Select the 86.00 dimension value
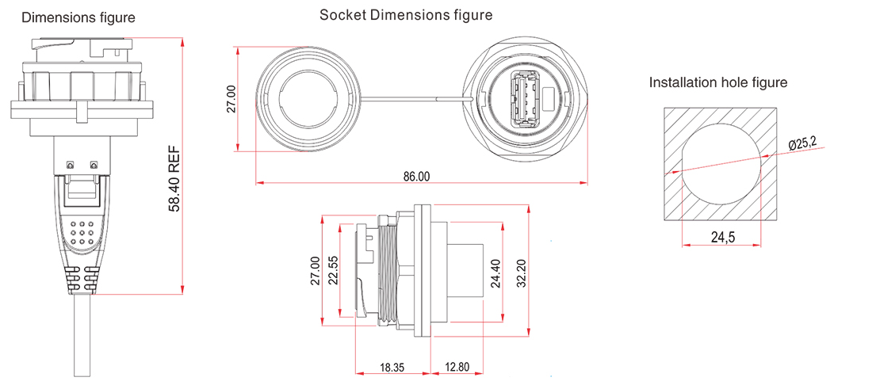[416, 176]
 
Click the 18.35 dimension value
[392, 368]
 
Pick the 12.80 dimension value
[457, 368]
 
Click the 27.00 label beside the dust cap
[231, 99]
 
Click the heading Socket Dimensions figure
[405, 15]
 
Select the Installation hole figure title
[717, 82]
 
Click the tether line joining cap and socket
[412, 99]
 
